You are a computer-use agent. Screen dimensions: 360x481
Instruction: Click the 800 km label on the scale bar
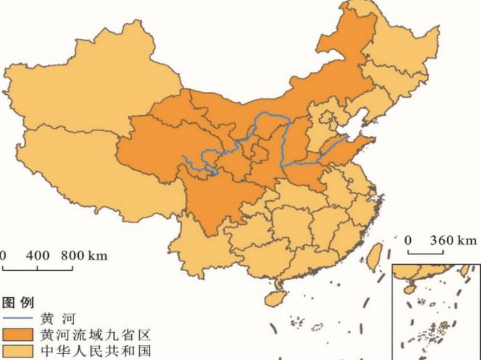click(84, 255)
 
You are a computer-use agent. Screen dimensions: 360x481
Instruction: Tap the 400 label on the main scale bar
click(38, 255)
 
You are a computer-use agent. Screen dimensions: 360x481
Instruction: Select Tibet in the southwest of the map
click(86, 171)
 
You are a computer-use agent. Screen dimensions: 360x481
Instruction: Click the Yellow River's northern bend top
click(271, 115)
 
